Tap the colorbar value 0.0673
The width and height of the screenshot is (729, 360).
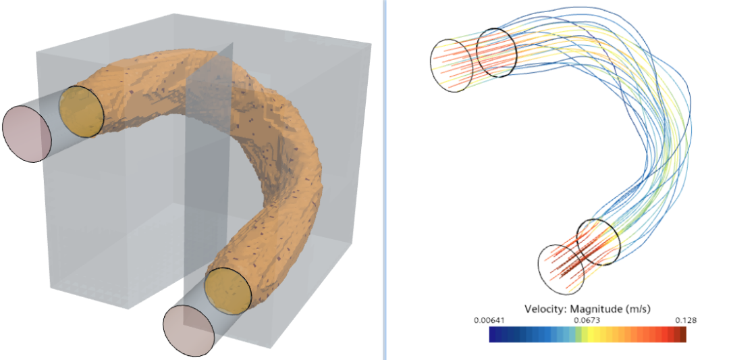pyautogui.click(x=587, y=320)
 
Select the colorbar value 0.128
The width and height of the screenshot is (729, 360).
pyautogui.click(x=686, y=320)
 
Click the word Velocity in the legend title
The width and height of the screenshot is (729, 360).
pyautogui.click(x=543, y=309)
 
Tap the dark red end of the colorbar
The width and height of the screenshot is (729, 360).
pyautogui.click(x=683, y=334)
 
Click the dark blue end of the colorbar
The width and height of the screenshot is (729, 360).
pyautogui.click(x=492, y=334)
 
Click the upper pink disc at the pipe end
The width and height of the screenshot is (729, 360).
pyautogui.click(x=26, y=134)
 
